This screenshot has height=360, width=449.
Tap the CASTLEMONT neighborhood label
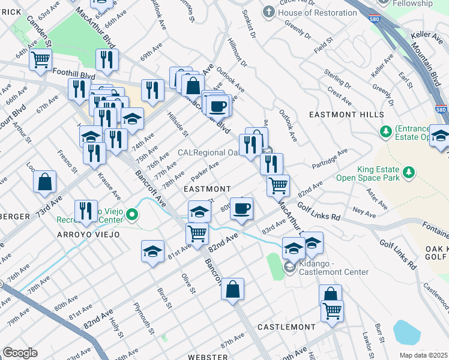point(286,327)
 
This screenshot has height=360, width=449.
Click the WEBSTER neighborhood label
point(208,357)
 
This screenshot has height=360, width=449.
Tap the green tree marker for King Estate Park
point(410,173)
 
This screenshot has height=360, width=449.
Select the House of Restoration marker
point(268,12)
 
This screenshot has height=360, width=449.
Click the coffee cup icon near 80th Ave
point(241,209)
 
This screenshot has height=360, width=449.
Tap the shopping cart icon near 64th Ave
point(41,60)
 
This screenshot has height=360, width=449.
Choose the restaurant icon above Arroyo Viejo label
point(86,211)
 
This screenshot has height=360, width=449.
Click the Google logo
point(20,353)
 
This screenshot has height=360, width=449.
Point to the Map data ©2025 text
point(423,355)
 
